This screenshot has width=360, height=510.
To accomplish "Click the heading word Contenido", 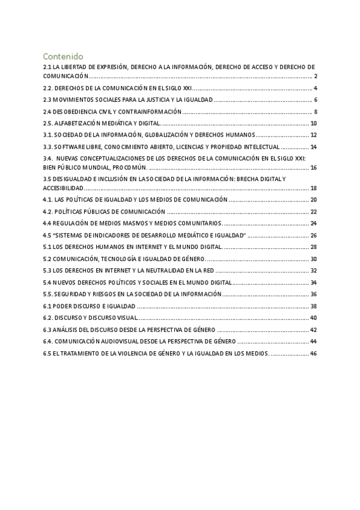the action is tap(63, 56).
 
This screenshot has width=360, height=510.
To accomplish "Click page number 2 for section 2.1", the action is tap(316, 76).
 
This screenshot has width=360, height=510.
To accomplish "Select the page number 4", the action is tap(316, 88).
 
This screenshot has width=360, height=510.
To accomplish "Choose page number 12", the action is tap(314, 135).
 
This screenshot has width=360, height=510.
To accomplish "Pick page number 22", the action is tap(314, 211).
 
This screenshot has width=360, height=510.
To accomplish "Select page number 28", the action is tap(314, 247).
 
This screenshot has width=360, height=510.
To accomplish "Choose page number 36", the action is tap(314, 293).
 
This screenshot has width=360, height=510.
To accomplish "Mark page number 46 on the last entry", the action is tap(314, 353).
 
